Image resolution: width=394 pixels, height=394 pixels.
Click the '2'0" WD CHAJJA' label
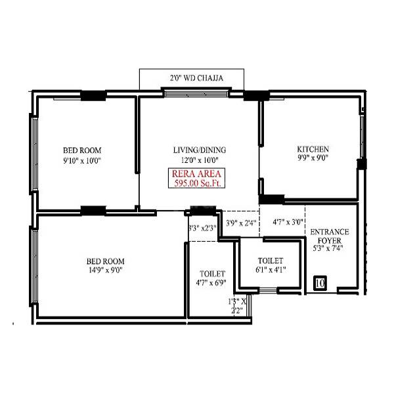click(196, 78)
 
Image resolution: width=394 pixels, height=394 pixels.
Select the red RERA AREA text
click(195, 174)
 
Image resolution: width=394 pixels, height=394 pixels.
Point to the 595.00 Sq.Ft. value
click(195, 185)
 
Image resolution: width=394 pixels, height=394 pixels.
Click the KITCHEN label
click(313, 149)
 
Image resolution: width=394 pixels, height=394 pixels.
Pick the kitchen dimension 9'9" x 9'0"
click(313, 158)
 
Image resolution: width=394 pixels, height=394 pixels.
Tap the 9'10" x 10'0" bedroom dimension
click(82, 160)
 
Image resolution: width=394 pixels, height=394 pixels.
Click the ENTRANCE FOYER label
click(330, 236)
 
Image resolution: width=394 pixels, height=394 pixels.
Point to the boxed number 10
click(320, 283)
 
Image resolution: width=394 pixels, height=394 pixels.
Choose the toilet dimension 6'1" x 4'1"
click(270, 270)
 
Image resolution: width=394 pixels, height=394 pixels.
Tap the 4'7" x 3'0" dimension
click(288, 223)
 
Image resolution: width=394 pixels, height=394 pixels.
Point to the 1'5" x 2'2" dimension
click(237, 306)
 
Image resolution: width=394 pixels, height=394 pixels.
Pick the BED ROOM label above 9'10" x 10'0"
click(82, 149)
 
